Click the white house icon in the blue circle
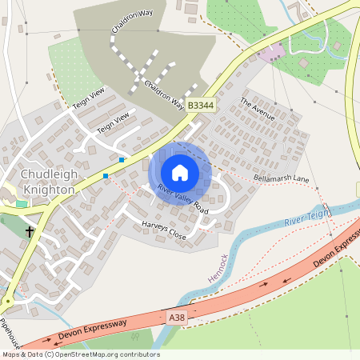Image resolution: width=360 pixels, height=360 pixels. pos(180,172)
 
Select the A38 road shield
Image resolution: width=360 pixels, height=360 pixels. pos(177,318)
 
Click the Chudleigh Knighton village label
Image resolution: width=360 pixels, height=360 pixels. pos(47,182)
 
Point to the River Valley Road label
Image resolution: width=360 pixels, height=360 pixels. pos(182,199)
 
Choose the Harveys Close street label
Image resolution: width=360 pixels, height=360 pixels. pos(163,231)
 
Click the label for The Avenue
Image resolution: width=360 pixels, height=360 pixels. pos(257,109)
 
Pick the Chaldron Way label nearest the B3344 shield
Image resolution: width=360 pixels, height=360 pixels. pos(164,94)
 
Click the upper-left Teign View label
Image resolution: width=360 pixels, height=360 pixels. pos(89,101)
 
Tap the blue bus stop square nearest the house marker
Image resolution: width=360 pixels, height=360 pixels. pos(122,160)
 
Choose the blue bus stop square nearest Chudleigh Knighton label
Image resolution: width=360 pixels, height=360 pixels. pos(105,175)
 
